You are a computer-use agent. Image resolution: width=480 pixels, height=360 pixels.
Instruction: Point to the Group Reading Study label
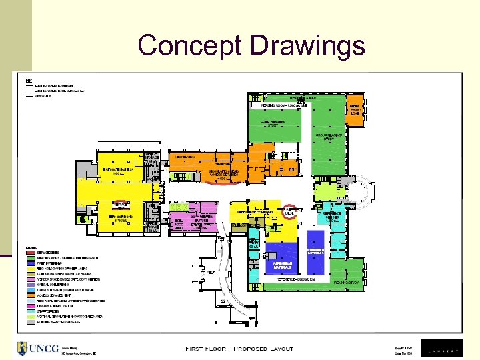[329, 137]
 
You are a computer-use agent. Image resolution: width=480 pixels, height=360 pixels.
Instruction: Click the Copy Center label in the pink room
[201, 220]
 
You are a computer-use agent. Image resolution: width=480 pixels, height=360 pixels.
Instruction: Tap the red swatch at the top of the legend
[30, 254]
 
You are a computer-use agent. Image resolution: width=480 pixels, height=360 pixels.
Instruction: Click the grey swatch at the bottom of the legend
[30, 321]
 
